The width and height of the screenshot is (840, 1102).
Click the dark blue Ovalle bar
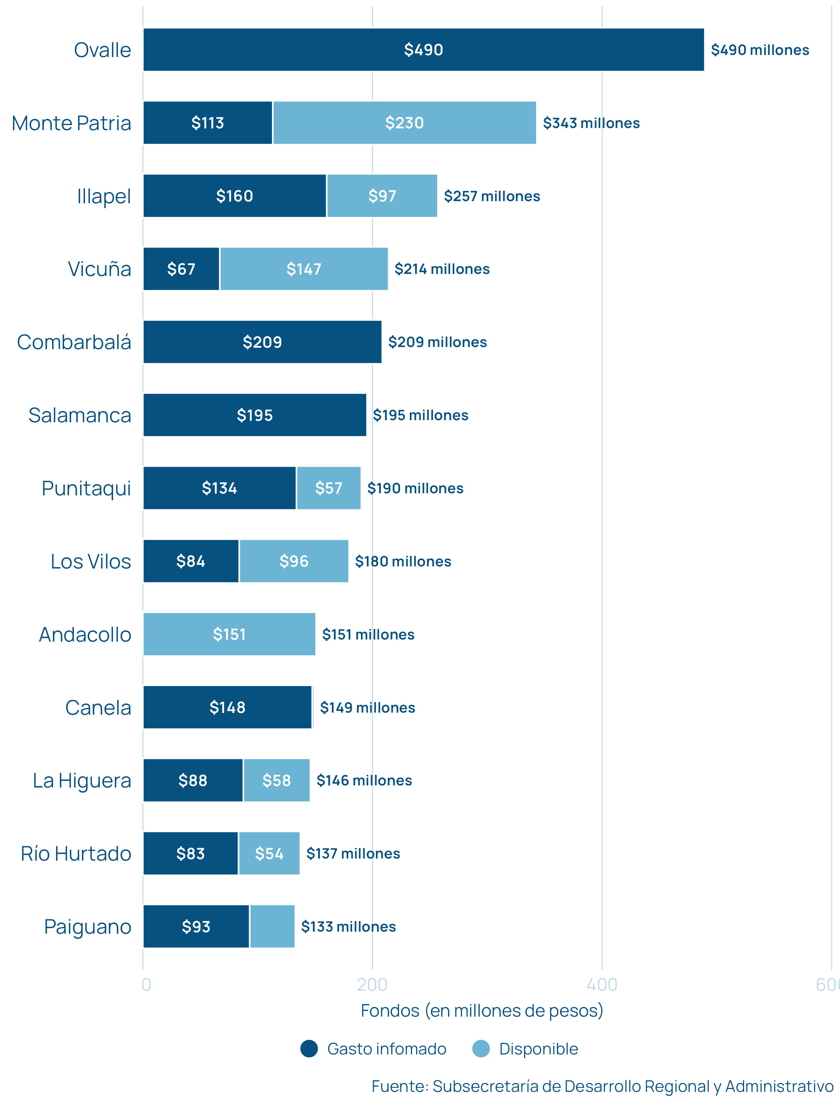pos(423,49)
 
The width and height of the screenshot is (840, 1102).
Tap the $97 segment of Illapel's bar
pos(382,196)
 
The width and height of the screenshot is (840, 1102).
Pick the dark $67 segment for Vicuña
pos(181,269)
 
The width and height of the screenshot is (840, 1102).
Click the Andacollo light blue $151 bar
pos(229,634)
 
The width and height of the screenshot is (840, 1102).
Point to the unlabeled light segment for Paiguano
pos(272,926)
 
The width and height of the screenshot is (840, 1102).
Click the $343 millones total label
pos(591,123)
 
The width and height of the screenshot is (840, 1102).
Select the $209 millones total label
pos(437,342)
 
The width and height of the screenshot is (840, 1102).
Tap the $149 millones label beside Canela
pos(367,707)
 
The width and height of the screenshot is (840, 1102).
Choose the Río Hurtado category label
pos(76,854)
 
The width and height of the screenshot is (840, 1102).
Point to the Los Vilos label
pos(91,561)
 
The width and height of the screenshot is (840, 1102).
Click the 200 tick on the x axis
pos(372,984)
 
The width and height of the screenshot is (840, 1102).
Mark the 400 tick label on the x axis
pos(602,984)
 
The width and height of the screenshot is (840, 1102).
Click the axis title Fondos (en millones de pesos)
pos(482,1011)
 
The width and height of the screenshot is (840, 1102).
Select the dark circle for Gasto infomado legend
pos(309,1048)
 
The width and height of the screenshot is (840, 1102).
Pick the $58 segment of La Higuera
pos(276,780)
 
